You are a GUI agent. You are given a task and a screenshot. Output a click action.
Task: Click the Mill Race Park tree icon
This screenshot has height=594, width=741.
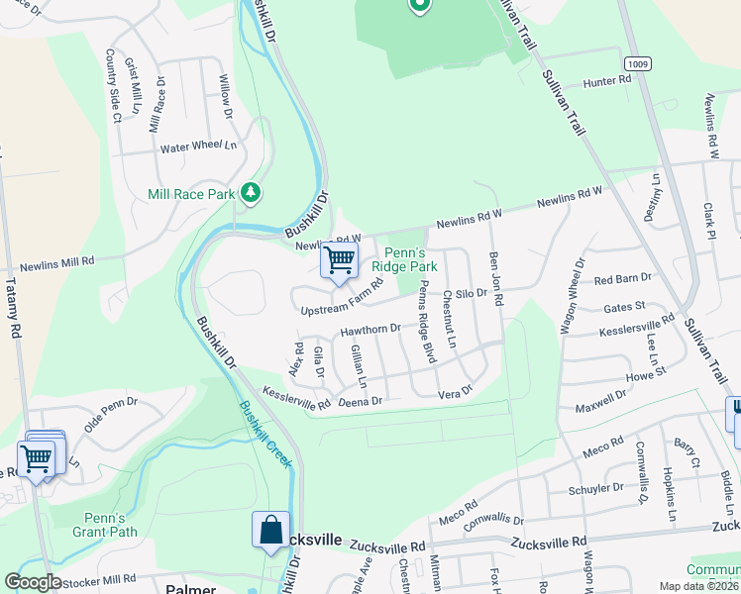tap(252, 192)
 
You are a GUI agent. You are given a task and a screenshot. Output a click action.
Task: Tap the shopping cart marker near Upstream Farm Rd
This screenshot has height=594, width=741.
tap(339, 261)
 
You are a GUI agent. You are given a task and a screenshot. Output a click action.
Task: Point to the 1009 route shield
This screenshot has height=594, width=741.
tap(638, 62)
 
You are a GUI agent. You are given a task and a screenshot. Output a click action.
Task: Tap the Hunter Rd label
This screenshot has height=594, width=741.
tap(607, 81)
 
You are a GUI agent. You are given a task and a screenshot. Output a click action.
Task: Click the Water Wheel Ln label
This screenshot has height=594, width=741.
tap(198, 148)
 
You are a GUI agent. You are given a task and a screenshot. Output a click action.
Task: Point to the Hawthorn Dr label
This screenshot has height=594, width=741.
tap(369, 329)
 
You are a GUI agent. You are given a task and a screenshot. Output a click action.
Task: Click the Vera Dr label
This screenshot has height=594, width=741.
tap(456, 391)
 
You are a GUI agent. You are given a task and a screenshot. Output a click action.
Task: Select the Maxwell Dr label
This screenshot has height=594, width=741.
tap(600, 400)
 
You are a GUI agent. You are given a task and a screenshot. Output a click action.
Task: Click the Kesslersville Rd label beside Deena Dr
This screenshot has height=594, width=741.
tap(296, 399)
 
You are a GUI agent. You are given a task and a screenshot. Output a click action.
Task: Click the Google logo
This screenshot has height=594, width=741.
tap(33, 582)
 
